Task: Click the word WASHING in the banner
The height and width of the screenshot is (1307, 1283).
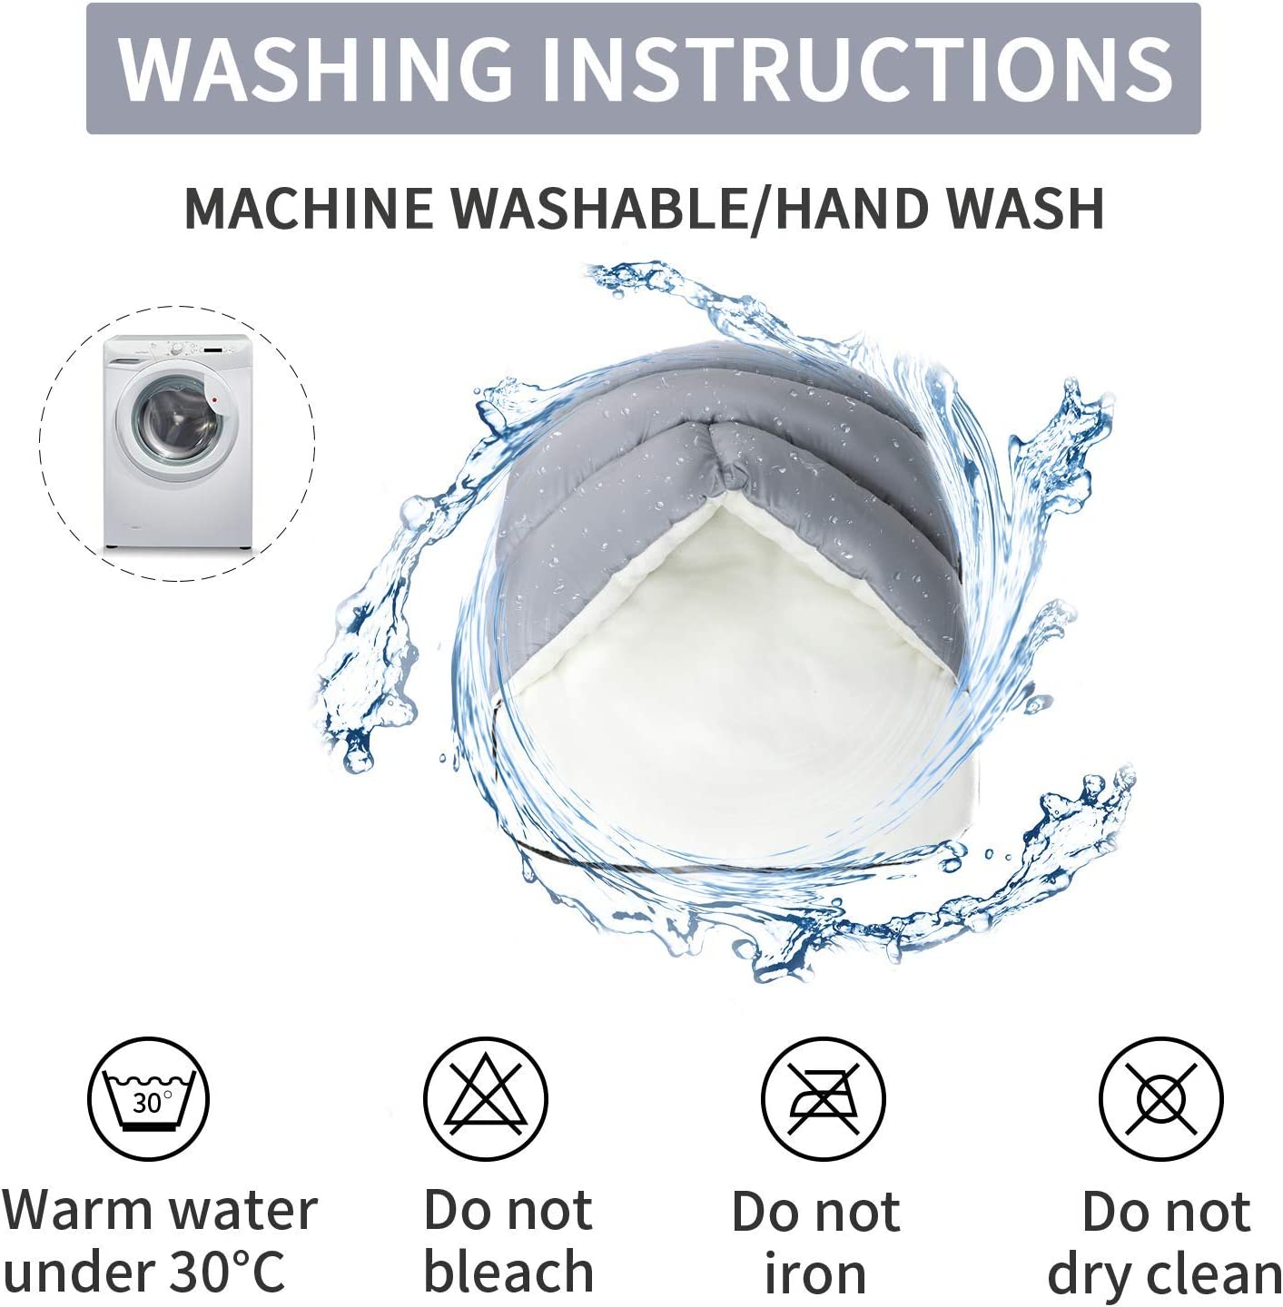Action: click(x=315, y=68)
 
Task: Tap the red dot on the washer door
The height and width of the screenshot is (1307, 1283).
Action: click(x=215, y=400)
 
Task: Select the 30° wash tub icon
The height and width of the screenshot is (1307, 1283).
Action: click(x=148, y=1098)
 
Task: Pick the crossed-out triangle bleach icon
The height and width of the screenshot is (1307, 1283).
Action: click(x=486, y=1098)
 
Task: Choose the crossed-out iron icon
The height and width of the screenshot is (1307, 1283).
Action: click(x=822, y=1098)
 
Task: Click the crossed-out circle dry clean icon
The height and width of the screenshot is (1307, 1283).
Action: click(x=1160, y=1098)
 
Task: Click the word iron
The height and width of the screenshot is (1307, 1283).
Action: click(x=815, y=1272)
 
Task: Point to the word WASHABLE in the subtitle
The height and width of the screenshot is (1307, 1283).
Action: click(x=600, y=208)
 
